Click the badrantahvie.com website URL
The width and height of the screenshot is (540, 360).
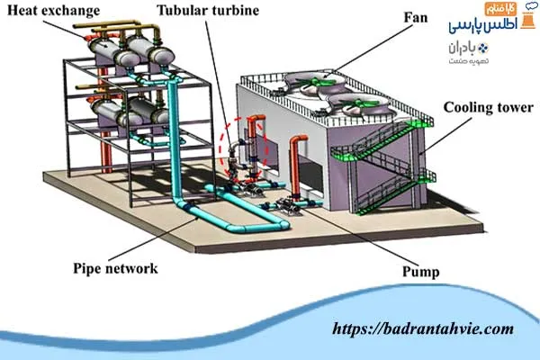coord(423,329)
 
